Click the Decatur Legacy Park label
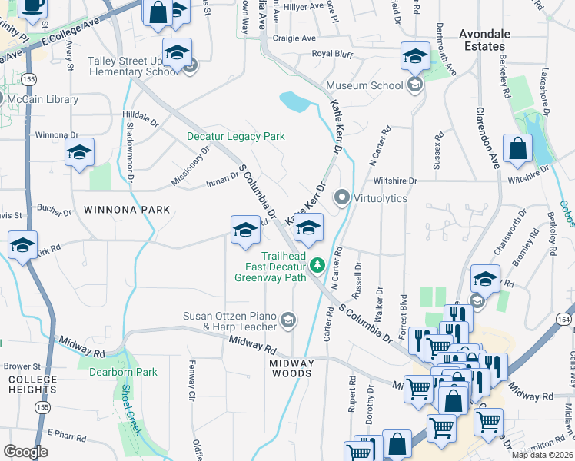coord(236,137)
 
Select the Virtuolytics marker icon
coord(342,198)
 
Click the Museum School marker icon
coord(415,85)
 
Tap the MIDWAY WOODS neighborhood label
coord(291,368)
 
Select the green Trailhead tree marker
coord(316,266)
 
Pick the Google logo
coord(25,451)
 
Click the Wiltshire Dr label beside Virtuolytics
coord(394,181)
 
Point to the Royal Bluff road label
coord(331,54)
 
